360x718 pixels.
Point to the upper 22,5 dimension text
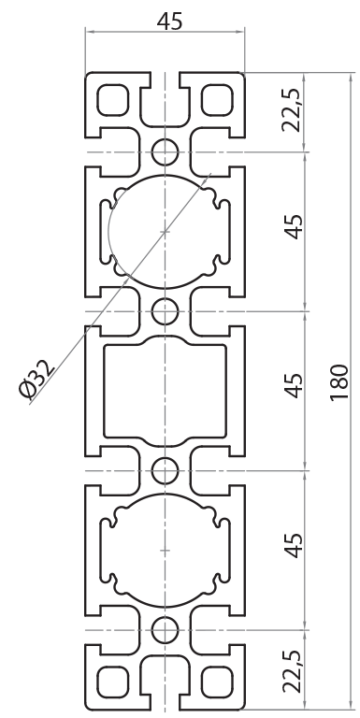pyautogui.click(x=293, y=111)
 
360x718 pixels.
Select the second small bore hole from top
pyautogui.click(x=165, y=309)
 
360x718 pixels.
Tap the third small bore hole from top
pyautogui.click(x=165, y=468)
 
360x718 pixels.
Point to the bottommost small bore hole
pyautogui.click(x=165, y=628)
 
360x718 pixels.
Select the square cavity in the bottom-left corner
pyautogui.click(x=112, y=680)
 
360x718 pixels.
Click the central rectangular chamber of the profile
pyautogui.click(x=165, y=389)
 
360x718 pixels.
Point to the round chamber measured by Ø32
pyautogui.click(x=166, y=230)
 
